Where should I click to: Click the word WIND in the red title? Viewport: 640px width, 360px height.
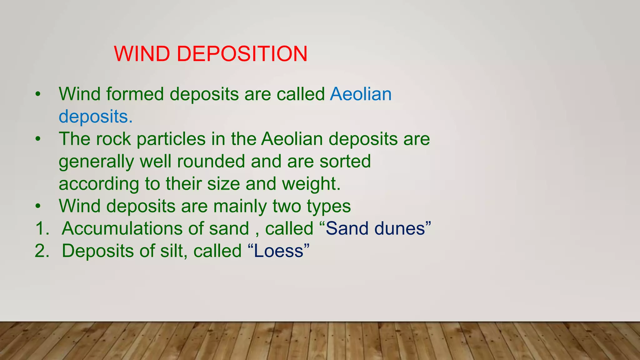coord(142,54)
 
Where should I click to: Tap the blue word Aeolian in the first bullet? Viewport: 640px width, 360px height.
coord(361,94)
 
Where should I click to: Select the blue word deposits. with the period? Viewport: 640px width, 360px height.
coord(96,117)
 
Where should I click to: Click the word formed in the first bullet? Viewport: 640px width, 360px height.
coord(135,94)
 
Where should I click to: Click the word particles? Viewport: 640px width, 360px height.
coord(171,139)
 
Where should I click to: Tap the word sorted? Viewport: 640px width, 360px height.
coord(345,162)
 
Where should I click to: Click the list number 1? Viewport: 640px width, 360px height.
coord(42,228)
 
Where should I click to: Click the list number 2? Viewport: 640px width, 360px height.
coord(42,251)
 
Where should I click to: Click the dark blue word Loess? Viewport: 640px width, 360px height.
coord(278,251)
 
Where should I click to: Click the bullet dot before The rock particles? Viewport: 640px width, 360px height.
coord(38,139)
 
